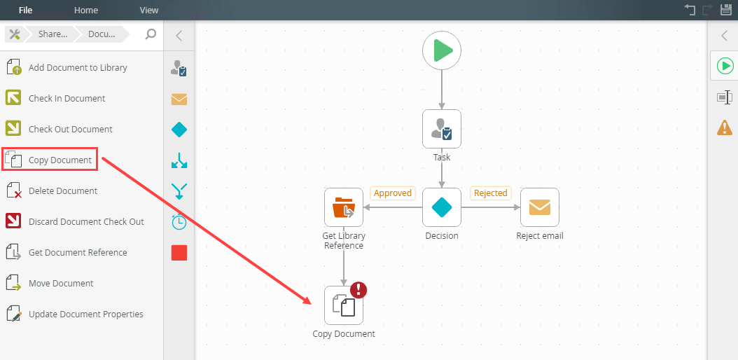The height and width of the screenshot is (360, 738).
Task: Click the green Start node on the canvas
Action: pos(442,50)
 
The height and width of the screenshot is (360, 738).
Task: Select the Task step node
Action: pos(442,129)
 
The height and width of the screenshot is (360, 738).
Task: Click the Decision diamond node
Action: pos(442,207)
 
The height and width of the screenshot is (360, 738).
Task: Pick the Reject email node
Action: pos(539,207)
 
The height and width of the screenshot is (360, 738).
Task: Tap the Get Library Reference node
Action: pos(344,207)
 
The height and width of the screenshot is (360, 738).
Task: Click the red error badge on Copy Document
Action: pos(358,289)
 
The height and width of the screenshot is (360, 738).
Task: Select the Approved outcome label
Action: pos(393,193)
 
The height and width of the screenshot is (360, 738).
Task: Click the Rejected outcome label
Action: pos(490,193)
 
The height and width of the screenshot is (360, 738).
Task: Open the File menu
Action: pos(25,10)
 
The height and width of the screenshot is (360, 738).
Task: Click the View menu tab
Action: pos(149,10)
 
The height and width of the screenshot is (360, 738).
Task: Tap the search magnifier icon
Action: pos(150,34)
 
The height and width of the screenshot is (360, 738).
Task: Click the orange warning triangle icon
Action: pos(725,127)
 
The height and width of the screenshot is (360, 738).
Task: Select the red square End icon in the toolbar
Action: pos(179,253)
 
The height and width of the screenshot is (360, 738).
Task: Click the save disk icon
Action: pos(726,9)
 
